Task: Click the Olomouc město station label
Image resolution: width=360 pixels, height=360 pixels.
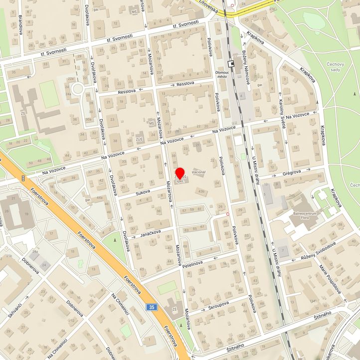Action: point(220,74)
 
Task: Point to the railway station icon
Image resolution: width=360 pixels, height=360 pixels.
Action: point(231,64)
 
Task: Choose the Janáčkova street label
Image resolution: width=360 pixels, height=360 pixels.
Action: point(151,233)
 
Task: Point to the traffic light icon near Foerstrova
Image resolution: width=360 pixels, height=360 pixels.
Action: point(23,178)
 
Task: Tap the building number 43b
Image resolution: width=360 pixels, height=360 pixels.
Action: point(201,191)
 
